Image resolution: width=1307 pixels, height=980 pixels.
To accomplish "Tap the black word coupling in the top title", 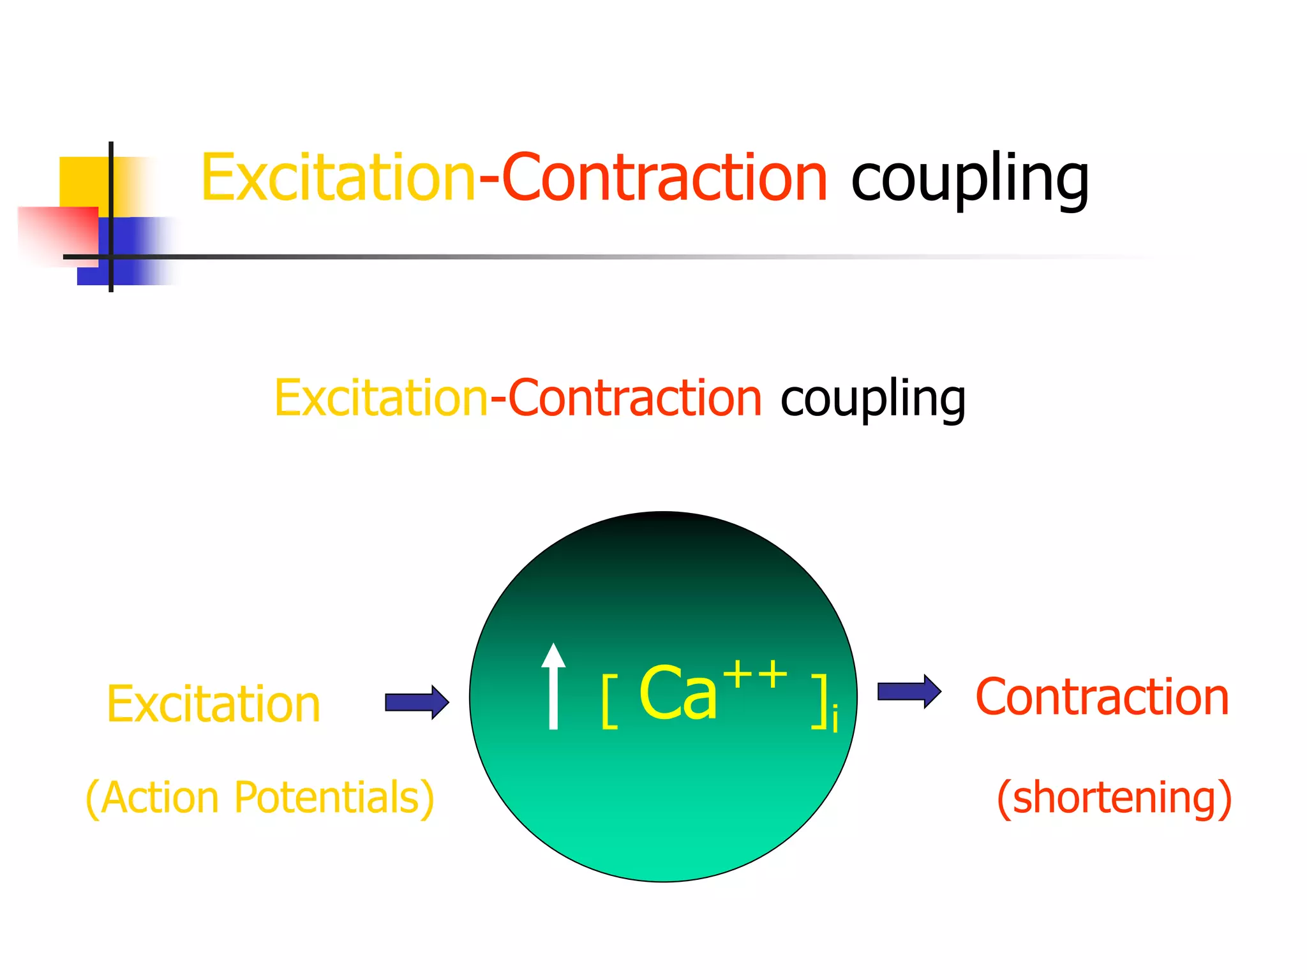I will tap(970, 180).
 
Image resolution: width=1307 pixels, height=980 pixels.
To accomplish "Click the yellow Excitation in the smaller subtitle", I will tap(381, 398).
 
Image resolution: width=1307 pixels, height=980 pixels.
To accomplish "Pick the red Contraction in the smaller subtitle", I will tap(635, 398).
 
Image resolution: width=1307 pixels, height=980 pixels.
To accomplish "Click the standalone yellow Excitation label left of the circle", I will tap(213, 704).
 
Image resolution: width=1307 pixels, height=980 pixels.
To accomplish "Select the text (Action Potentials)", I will tap(260, 798).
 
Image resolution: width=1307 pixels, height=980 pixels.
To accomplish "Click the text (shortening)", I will tap(1114, 798).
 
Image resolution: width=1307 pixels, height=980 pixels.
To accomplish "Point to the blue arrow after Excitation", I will tap(417, 702).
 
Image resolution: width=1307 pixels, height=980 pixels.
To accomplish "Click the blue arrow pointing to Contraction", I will tap(909, 691).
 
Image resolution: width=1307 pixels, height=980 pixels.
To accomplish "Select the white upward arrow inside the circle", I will tap(553, 686).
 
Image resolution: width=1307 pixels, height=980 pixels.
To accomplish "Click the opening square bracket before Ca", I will tap(609, 702).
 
